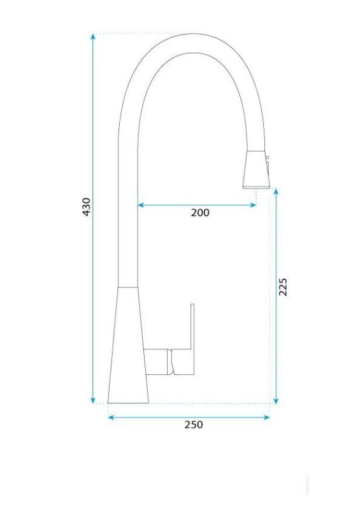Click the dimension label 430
coord(86,207)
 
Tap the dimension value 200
coord(200,213)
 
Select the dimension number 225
coord(283,287)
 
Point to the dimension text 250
coord(194,425)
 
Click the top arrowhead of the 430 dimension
coord(93,36)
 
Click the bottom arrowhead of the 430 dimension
coord(93,400)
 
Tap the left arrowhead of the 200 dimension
coord(140,205)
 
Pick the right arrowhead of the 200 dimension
coord(253,205)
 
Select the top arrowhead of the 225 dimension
coord(276,191)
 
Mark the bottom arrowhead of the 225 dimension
coord(276,401)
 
